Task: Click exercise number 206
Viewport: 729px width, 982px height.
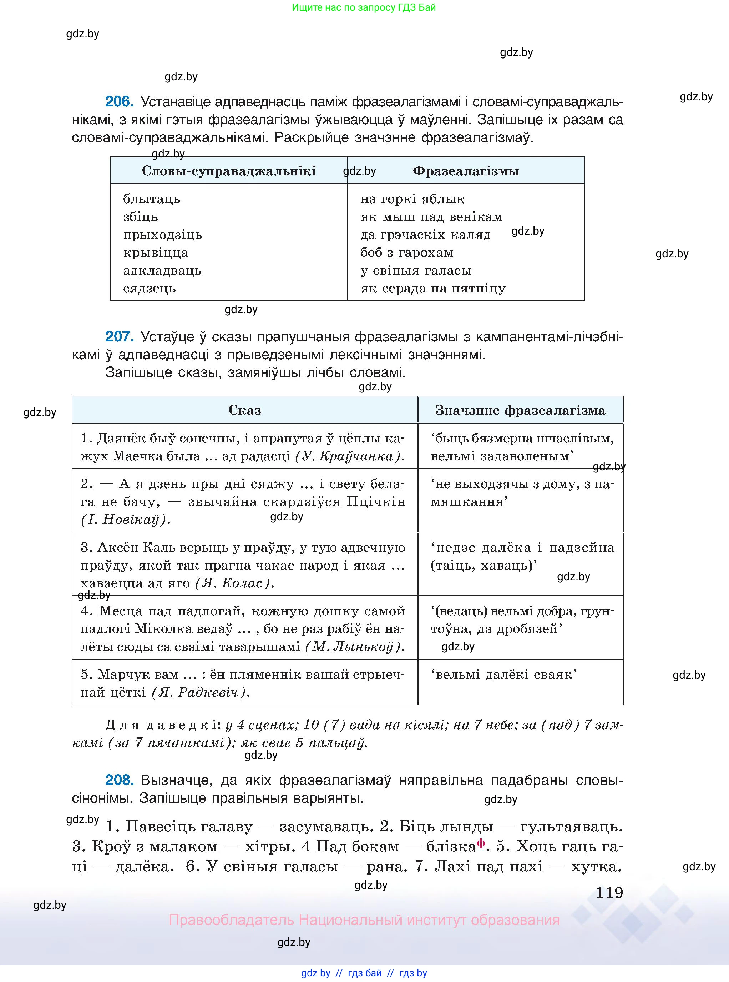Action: click(x=119, y=102)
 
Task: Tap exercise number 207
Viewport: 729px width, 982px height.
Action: click(x=119, y=337)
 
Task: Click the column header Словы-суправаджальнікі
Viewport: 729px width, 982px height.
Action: click(x=229, y=171)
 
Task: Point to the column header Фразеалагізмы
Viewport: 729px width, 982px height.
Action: click(x=466, y=171)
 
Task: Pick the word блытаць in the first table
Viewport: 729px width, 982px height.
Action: click(x=151, y=199)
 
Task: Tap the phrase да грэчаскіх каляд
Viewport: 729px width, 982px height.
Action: click(x=425, y=235)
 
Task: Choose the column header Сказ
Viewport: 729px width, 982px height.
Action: click(x=244, y=410)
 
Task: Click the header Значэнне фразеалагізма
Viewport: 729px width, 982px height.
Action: click(x=520, y=410)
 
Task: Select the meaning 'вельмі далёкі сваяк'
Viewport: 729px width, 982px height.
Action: click(x=503, y=675)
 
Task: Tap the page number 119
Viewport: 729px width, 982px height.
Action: click(x=609, y=893)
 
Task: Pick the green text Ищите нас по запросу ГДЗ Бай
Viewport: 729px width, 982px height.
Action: click(x=364, y=7)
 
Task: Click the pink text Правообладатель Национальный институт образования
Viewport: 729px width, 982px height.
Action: click(x=364, y=920)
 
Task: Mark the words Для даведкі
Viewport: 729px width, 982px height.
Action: click(x=162, y=725)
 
